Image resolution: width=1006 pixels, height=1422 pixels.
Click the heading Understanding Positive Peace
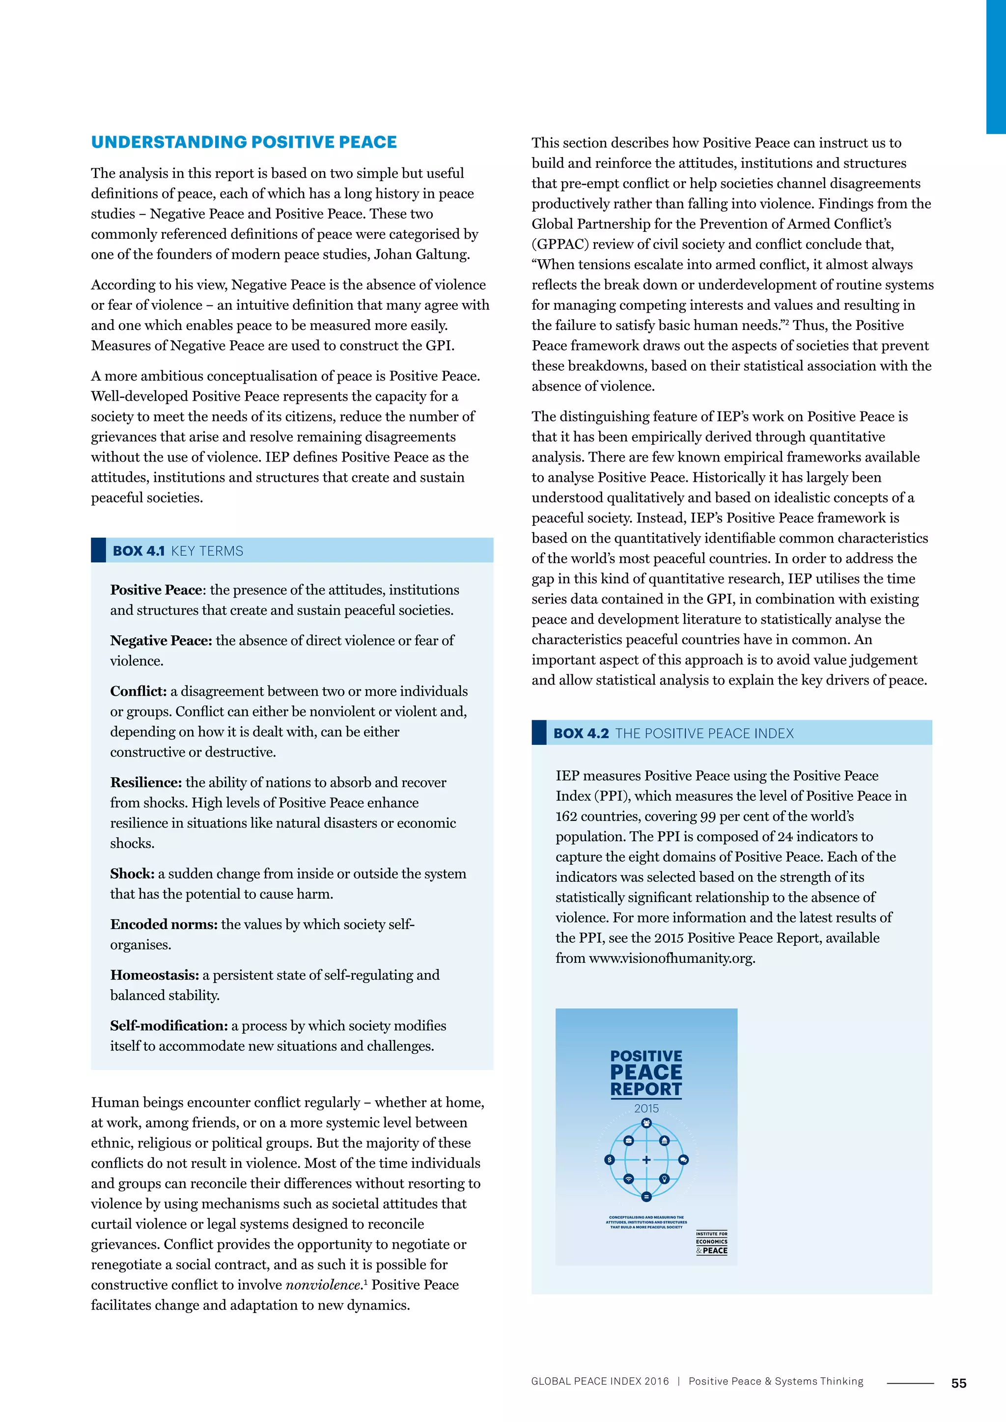[x=244, y=142]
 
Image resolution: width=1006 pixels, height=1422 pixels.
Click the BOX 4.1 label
[x=138, y=550]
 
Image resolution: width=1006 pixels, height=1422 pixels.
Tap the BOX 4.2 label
[x=581, y=733]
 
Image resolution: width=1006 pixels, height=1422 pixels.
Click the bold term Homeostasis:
[x=154, y=975]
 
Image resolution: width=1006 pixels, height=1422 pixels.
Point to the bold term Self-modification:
[x=168, y=1026]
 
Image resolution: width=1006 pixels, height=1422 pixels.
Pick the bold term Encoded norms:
[x=164, y=924]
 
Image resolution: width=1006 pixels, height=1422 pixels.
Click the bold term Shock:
[x=132, y=873]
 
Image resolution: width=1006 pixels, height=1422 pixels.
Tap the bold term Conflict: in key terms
[x=138, y=691]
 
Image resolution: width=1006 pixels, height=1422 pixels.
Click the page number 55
[x=958, y=1383]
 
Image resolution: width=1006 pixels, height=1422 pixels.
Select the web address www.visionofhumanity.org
[x=671, y=958]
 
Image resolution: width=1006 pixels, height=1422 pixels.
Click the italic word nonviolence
[x=323, y=1285]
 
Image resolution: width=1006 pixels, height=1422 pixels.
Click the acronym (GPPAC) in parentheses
[x=559, y=244]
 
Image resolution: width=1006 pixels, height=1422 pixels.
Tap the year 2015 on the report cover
[x=646, y=1108]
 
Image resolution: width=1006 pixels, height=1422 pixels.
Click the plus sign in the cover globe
[x=646, y=1159]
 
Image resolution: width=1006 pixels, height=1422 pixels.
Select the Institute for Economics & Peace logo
[x=711, y=1242]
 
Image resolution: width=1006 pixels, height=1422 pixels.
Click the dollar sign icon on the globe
[x=610, y=1159]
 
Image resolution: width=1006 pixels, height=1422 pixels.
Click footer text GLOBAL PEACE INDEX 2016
[x=600, y=1381]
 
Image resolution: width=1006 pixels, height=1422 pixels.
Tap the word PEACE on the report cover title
[x=646, y=1072]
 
